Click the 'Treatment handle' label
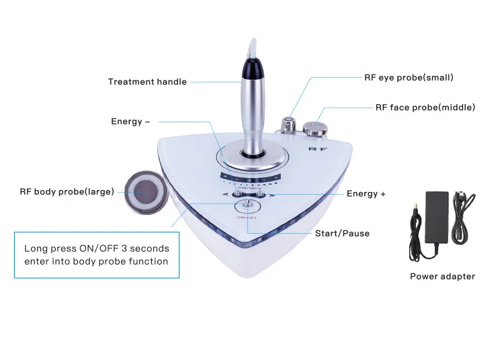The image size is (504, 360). coord(147,82)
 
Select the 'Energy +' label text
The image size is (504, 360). coord(366,194)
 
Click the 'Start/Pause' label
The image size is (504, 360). coord(342,234)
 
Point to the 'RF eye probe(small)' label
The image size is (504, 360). coord(409,77)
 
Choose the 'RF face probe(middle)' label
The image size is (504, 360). coord(425,107)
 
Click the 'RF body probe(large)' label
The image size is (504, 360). coord(67,191)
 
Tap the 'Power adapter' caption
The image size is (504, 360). coord(442,276)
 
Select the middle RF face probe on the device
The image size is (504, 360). coord(311,128)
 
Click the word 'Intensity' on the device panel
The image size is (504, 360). coord(249,187)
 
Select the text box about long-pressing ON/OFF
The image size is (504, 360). coord(97,255)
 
